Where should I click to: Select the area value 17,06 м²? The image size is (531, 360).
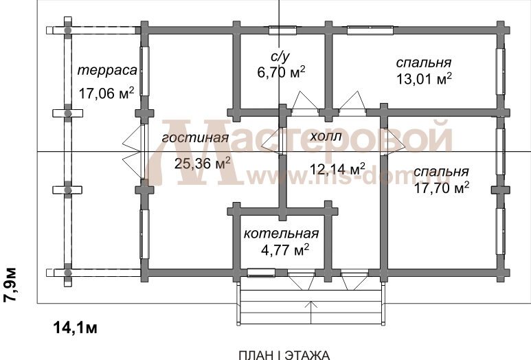click(106, 93)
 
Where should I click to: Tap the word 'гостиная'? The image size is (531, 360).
click(195, 139)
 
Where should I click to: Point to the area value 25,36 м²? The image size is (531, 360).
click(203, 164)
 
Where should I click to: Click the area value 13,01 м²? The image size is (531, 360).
click(424, 78)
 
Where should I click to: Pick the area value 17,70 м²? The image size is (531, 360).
click(442, 187)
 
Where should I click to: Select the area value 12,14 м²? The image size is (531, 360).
click(337, 168)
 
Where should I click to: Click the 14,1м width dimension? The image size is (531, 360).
click(76, 326)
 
